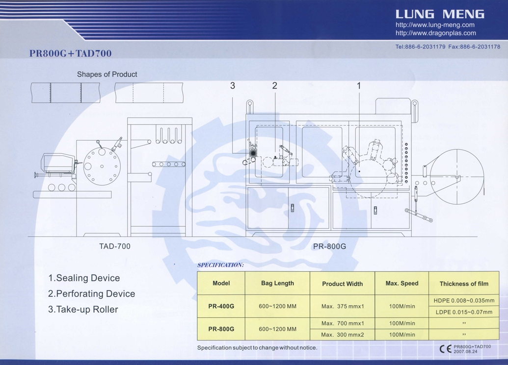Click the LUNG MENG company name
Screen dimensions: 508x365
pyautogui.click(x=440, y=14)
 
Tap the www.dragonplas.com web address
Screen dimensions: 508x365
pyautogui.click(x=435, y=33)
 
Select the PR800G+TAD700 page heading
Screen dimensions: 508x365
pyautogui.click(x=70, y=53)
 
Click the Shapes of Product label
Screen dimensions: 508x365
pyautogui.click(x=107, y=74)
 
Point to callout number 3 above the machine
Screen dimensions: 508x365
pyautogui.click(x=232, y=86)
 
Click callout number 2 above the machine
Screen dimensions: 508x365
pyautogui.click(x=275, y=86)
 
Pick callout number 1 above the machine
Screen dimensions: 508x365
pyautogui.click(x=359, y=86)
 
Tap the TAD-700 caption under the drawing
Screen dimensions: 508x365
pyautogui.click(x=115, y=246)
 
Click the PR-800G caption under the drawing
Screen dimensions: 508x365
pyautogui.click(x=329, y=246)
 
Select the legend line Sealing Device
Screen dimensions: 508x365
pyautogui.click(x=84, y=278)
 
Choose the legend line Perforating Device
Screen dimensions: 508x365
pyautogui.click(x=91, y=293)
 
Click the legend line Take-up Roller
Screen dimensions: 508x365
pyautogui.click(x=83, y=310)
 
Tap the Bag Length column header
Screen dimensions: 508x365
pyautogui.click(x=277, y=283)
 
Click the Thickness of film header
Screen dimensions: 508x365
pyautogui.click(x=464, y=284)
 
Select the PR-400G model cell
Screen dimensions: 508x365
pyautogui.click(x=221, y=306)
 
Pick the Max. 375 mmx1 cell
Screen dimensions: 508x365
pyautogui.click(x=343, y=306)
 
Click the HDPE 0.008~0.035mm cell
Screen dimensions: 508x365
pyautogui.click(x=464, y=301)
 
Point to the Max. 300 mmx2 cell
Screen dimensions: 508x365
pyautogui.click(x=343, y=335)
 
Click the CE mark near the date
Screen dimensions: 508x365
pyautogui.click(x=446, y=349)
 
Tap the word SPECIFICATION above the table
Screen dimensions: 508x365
pyautogui.click(x=220, y=265)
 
